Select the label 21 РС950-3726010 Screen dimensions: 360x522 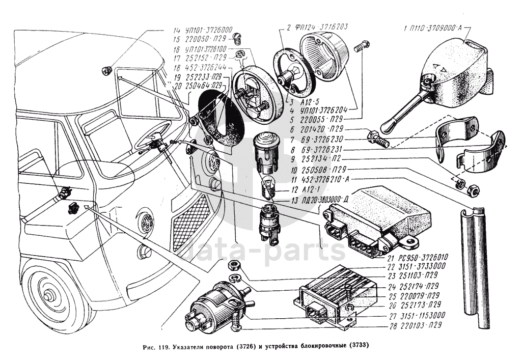point(417,258)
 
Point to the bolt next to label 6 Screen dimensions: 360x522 point(377,137)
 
